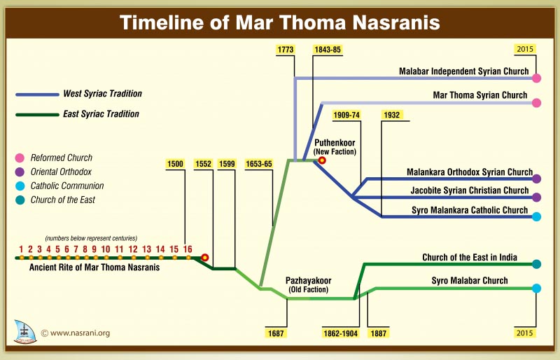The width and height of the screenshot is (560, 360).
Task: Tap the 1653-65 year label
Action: [x=259, y=164]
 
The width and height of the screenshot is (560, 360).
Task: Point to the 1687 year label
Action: [x=276, y=333]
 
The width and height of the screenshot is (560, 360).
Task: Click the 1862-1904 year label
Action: [x=341, y=333]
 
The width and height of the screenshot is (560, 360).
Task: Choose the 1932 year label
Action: [x=392, y=114]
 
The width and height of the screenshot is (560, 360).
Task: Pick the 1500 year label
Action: [x=175, y=164]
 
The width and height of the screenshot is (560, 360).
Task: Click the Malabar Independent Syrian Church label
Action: [x=463, y=71]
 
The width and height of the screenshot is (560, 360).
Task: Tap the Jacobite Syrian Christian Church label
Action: [x=468, y=191]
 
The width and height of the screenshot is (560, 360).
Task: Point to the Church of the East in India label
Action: [x=470, y=258]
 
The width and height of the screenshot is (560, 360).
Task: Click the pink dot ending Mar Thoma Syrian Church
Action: [x=537, y=103]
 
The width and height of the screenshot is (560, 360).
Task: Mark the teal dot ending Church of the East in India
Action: [x=537, y=264]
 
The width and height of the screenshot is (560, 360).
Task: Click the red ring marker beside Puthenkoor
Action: [x=322, y=160]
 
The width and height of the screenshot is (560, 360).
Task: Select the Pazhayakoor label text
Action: [x=308, y=280]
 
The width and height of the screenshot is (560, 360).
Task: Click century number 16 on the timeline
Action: [x=188, y=249]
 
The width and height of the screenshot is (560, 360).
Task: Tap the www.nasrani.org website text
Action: [x=80, y=333]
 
